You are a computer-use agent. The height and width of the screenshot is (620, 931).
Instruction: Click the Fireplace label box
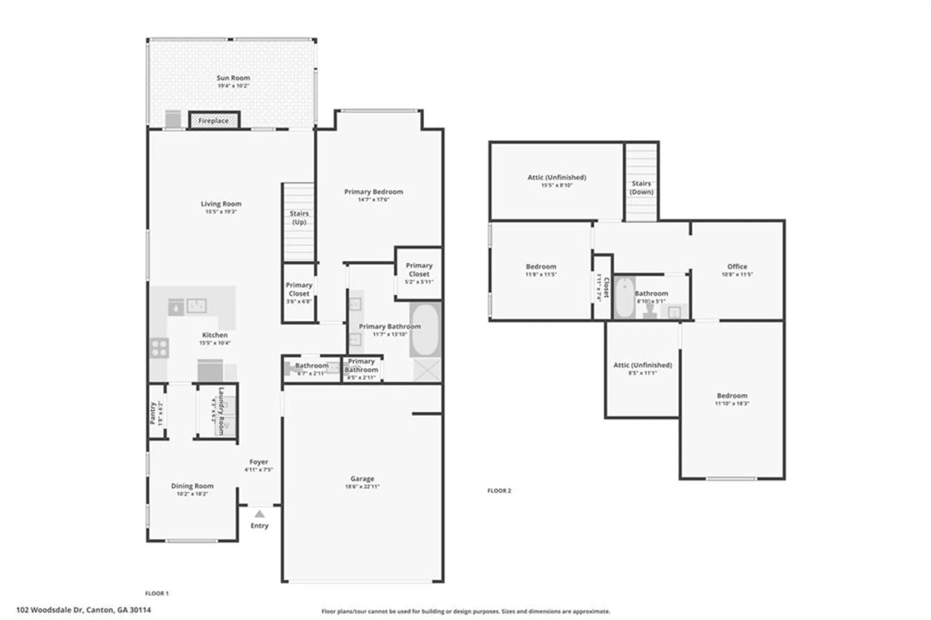coord(214,121)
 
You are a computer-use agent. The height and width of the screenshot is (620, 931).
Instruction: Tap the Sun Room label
coord(233,78)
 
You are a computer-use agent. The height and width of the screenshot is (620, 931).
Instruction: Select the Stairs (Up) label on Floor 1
coord(299,217)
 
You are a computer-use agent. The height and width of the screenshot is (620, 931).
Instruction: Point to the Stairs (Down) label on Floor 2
coord(641,188)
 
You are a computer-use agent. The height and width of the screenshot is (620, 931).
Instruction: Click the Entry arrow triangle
coord(260,514)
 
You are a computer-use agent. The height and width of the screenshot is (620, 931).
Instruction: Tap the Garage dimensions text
coord(362,486)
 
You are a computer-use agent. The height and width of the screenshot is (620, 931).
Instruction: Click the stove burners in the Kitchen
coord(159,348)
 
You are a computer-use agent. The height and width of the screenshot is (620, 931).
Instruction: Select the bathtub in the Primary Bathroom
coord(425,330)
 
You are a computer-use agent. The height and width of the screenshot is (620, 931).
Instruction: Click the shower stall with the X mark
coord(427,370)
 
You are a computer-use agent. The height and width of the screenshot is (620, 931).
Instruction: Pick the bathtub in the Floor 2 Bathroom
coord(624,297)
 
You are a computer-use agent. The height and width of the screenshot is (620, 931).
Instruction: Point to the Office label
coord(737,267)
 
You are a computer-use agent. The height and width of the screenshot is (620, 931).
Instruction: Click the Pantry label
coord(153,413)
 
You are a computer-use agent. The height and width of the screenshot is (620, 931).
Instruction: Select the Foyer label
coord(259,462)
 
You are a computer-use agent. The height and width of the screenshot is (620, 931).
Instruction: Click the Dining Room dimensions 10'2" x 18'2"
coord(192,494)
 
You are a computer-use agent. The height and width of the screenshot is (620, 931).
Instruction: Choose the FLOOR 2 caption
coord(499,491)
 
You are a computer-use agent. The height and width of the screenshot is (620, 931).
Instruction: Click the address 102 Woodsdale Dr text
coord(84,610)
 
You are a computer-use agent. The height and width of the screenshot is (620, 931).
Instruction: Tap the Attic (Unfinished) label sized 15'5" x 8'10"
coord(557,177)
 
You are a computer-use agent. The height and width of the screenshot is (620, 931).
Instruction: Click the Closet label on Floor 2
coord(606,288)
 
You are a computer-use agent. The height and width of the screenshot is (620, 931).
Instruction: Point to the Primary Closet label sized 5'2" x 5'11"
coord(419,270)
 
